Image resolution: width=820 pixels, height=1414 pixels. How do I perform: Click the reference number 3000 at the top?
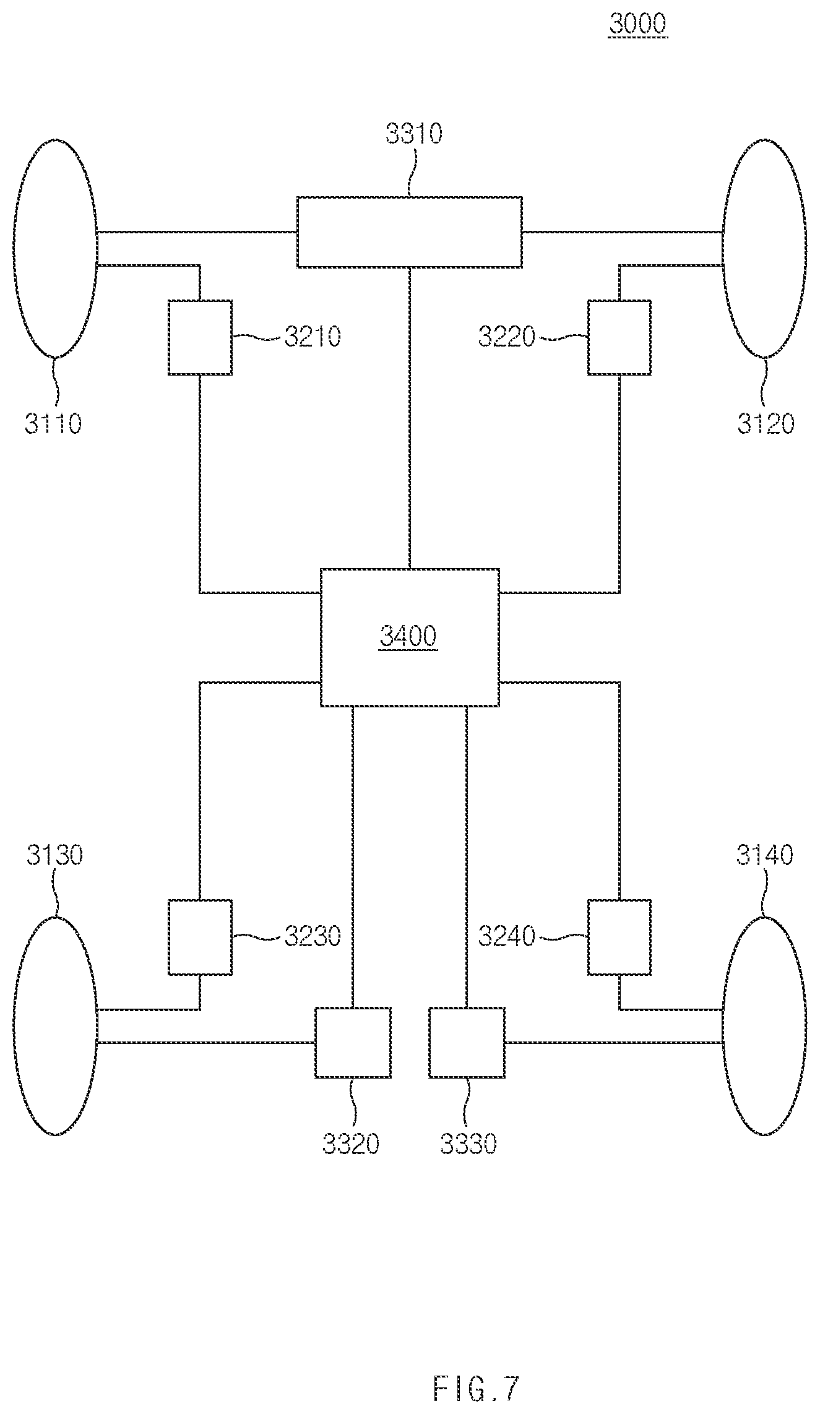[637, 24]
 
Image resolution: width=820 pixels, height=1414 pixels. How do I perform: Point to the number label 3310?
[413, 134]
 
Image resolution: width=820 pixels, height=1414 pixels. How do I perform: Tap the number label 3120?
[766, 424]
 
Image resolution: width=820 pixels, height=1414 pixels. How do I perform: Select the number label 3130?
[54, 855]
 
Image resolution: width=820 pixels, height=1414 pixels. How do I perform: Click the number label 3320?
[350, 1144]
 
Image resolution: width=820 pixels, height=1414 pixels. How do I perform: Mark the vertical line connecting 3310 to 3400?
[409, 418]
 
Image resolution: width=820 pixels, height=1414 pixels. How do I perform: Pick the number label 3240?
[506, 936]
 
